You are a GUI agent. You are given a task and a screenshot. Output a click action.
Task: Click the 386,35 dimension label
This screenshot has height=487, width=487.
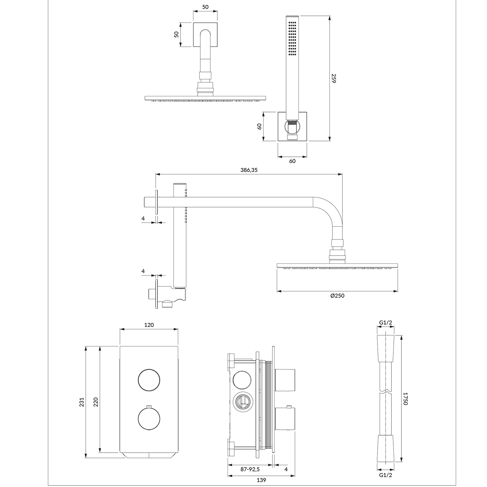point(249,170)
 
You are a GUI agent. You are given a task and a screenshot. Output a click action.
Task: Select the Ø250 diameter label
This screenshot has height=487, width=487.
point(337,296)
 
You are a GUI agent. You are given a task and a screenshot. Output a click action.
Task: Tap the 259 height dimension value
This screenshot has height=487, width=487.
point(334,78)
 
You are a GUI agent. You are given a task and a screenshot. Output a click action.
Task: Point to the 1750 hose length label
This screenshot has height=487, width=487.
point(405,398)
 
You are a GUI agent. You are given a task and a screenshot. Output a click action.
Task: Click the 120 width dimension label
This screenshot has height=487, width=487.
point(149,325)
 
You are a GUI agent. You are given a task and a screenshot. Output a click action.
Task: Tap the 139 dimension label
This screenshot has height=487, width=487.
point(261,480)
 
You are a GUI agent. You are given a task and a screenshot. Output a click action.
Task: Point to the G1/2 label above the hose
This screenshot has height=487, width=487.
point(385,323)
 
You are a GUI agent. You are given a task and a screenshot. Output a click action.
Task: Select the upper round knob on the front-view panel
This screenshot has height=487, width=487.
point(149,380)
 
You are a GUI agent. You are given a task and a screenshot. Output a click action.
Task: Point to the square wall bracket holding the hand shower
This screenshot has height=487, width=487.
point(292,126)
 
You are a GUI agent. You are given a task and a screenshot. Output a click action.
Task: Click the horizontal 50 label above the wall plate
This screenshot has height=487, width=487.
point(205,7)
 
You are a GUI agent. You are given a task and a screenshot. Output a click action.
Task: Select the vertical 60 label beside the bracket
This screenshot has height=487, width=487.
point(259,126)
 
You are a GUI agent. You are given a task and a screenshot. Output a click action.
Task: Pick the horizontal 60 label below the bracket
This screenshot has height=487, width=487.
point(292,161)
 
